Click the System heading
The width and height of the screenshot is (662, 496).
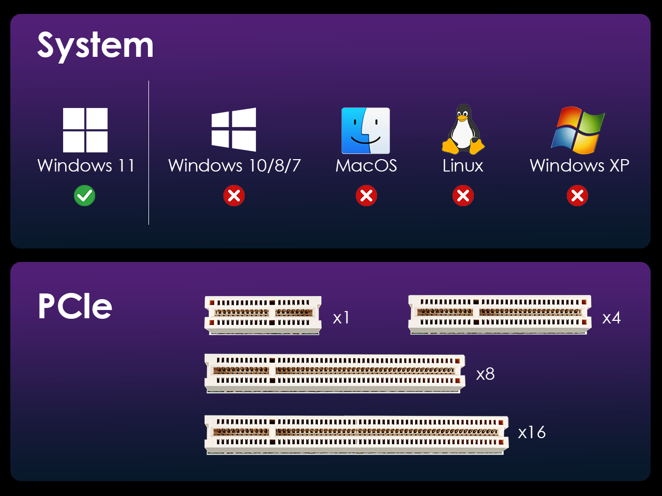(x=95, y=46)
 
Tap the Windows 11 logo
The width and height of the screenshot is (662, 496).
(x=85, y=130)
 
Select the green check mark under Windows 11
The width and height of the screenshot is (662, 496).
(x=84, y=196)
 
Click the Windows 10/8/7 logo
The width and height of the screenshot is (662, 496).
(x=234, y=130)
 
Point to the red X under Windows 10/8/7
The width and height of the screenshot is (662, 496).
(x=234, y=196)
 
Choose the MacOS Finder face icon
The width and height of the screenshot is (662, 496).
(x=366, y=131)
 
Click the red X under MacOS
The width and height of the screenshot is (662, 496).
(x=366, y=196)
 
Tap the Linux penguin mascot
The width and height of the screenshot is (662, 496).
(x=463, y=130)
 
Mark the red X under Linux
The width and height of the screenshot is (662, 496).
(x=463, y=196)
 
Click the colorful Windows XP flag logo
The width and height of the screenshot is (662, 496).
(x=578, y=130)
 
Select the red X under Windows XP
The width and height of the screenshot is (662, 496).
(x=577, y=196)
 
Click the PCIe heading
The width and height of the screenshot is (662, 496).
(x=75, y=306)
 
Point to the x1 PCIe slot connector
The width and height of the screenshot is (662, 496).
(x=263, y=315)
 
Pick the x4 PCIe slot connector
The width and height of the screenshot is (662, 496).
(x=500, y=315)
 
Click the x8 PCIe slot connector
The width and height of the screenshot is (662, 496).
(x=335, y=374)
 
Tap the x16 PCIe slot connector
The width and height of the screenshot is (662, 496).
(x=356, y=435)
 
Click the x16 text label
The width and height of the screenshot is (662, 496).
(x=532, y=432)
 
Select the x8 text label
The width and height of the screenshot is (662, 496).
(x=485, y=375)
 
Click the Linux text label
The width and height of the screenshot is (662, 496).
(x=463, y=165)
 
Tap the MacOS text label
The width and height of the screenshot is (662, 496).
(x=366, y=165)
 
